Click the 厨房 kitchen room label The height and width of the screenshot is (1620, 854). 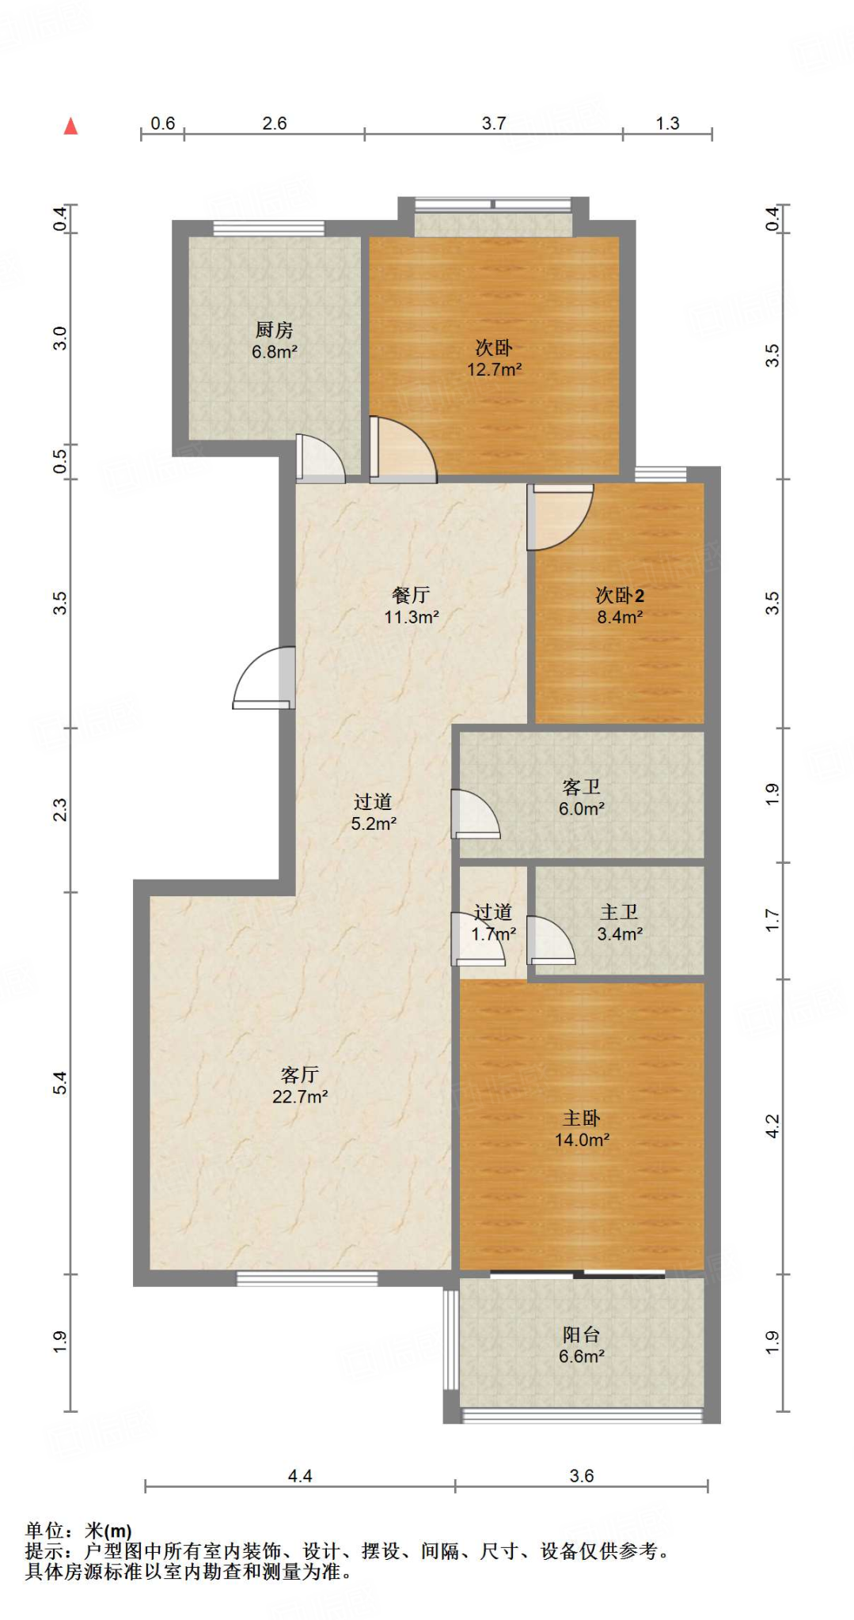pos(274,329)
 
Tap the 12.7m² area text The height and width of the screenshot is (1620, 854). pos(494,369)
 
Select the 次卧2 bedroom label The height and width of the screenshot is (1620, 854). pos(620,595)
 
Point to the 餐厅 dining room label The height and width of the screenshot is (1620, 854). pos(411,595)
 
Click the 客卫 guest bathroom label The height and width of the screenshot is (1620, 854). pos(582,787)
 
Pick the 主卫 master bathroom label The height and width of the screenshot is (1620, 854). pos(620,912)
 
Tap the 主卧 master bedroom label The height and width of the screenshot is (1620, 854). pos(582,1118)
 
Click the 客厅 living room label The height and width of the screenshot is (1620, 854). pos(300,1074)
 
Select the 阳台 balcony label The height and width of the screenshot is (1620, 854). pos(582,1334)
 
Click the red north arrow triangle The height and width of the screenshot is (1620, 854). pos(71,126)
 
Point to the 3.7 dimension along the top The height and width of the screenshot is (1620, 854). pos(494,123)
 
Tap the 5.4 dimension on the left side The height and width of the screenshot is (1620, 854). pos(60,1083)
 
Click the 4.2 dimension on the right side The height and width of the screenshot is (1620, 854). pos(772,1126)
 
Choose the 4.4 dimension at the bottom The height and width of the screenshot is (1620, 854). pos(300,1475)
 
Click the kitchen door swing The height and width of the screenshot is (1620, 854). pos(320,459)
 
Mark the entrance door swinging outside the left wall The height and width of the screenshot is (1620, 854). pos(264,678)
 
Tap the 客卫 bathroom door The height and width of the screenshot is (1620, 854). pos(476,814)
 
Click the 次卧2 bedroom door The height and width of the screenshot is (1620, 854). pos(560,517)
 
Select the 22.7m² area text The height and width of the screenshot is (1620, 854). pos(300,1096)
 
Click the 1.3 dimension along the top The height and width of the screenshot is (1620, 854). pos(667,123)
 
